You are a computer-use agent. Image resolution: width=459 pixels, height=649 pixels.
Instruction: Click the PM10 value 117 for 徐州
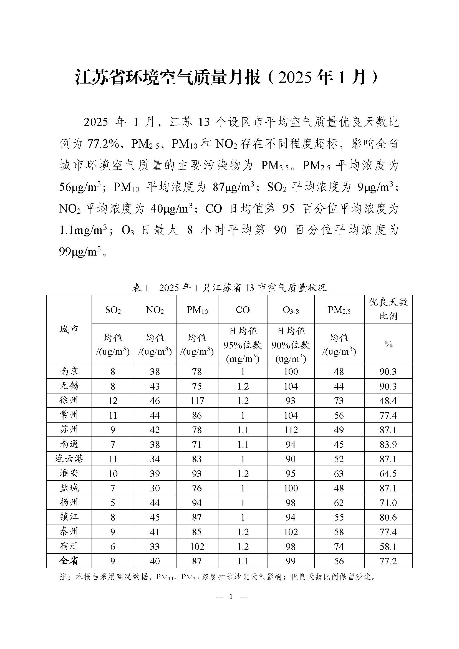197,401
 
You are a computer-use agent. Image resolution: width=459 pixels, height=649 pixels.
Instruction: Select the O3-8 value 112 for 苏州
291,430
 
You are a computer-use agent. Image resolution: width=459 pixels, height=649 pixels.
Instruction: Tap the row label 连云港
69,459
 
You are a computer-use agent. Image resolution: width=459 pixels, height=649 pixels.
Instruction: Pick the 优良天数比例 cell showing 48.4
388,401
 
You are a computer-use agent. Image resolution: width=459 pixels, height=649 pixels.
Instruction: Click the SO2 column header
113,310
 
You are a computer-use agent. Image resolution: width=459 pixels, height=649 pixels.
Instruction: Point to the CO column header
243,310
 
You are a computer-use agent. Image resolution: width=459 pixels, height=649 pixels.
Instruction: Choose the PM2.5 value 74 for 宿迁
339,547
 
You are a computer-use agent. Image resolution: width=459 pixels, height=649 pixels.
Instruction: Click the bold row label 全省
69,561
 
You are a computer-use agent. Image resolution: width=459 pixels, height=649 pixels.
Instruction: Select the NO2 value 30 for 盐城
155,488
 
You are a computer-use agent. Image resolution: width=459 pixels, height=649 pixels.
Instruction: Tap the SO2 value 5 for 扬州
113,503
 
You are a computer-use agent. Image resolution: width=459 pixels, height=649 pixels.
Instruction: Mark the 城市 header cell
69,329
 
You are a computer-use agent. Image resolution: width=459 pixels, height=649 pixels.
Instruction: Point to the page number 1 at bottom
231,597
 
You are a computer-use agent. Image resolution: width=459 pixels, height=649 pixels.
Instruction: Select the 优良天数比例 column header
388,309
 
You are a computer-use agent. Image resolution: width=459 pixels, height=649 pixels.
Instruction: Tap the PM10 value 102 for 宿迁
197,547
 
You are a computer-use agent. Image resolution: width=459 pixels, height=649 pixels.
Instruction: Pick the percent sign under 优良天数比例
388,344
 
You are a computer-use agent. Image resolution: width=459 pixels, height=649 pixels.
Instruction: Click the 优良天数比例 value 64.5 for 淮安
388,473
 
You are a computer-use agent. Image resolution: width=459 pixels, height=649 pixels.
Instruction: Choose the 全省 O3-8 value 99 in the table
291,561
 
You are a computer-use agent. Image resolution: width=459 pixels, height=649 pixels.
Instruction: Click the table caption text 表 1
140,288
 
